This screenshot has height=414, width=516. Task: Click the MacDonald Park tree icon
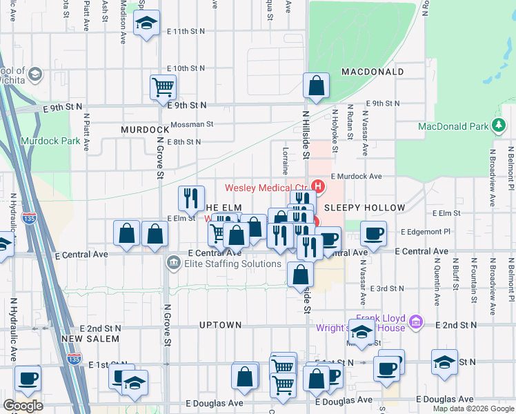click(x=498, y=126)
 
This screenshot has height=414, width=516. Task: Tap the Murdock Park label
click(x=50, y=141)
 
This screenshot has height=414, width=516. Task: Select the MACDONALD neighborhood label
click(x=372, y=72)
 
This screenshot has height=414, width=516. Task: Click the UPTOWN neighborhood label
click(x=220, y=325)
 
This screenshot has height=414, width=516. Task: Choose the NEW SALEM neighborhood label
click(x=90, y=339)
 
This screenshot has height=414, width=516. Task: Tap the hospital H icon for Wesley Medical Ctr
click(x=318, y=186)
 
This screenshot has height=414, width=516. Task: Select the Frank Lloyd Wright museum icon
click(x=415, y=322)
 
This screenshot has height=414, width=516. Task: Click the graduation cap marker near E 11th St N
click(x=146, y=24)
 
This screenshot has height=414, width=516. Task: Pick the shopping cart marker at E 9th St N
click(x=163, y=88)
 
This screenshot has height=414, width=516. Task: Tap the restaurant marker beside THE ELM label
click(x=191, y=199)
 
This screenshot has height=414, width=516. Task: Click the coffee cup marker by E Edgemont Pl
click(x=373, y=233)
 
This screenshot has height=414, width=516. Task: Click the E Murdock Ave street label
click(x=356, y=177)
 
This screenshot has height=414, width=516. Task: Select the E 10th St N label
click(x=186, y=68)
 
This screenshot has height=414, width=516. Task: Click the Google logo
click(x=23, y=406)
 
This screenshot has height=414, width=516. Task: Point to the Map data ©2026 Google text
click(x=472, y=408)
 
